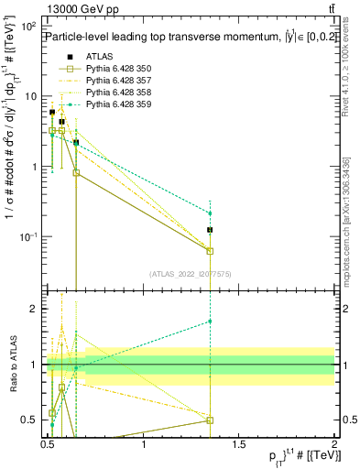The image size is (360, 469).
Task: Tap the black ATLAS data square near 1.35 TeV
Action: click(211, 230)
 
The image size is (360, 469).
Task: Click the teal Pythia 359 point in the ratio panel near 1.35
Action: click(211, 322)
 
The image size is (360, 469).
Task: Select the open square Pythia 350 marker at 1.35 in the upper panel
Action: click(211, 251)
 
